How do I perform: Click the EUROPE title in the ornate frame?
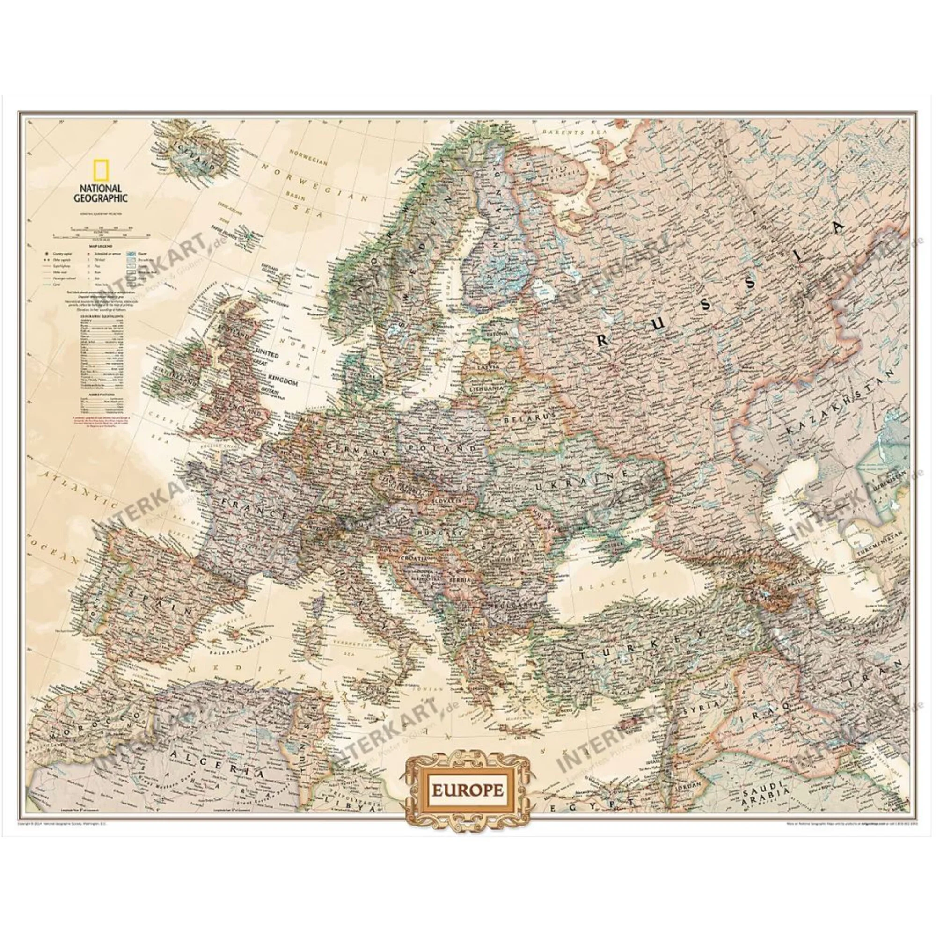coord(468,790)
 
